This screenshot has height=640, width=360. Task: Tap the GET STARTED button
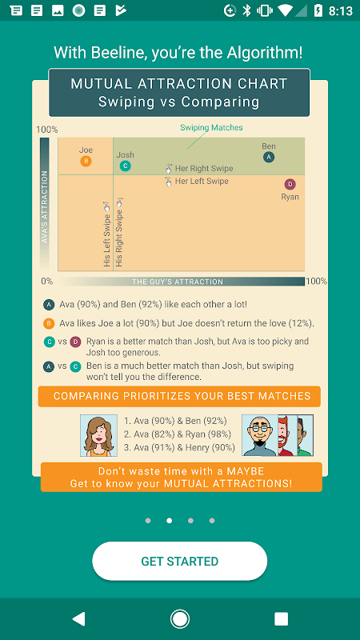tap(179, 561)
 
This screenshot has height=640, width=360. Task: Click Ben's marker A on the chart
tap(269, 157)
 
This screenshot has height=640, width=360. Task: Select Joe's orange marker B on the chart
tap(86, 162)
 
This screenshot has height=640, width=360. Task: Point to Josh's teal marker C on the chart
tap(126, 166)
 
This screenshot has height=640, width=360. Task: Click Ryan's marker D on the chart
tap(290, 185)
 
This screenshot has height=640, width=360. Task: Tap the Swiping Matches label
tap(211, 128)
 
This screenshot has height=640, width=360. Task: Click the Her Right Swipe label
tap(204, 168)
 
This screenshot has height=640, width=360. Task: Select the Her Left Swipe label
tap(202, 182)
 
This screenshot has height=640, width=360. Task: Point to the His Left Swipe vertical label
tap(107, 234)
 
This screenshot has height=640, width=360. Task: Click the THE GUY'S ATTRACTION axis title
tap(178, 282)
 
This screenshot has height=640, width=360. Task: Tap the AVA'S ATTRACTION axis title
tap(45, 207)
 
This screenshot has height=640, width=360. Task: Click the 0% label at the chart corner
tap(47, 282)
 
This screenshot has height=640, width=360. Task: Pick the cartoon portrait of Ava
tap(98, 435)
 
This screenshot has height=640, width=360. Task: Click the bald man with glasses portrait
tap(260, 435)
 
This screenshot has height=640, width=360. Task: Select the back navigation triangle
tap(78, 618)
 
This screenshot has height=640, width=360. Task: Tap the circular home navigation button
tap(179, 618)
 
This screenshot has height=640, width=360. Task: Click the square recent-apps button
tap(282, 618)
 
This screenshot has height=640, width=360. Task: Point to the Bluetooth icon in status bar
tap(246, 10)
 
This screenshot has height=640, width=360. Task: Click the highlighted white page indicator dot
tap(170, 521)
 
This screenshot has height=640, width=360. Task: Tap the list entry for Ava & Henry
tap(179, 448)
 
